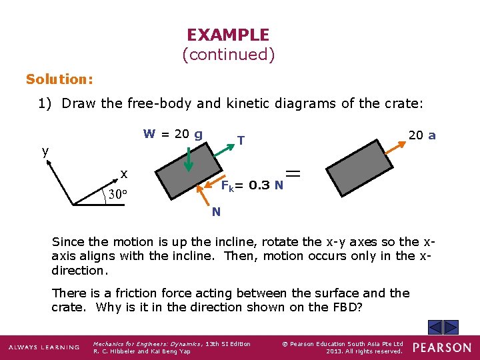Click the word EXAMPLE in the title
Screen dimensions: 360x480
[228, 35]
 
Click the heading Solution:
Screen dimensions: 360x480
[59, 79]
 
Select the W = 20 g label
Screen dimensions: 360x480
[173, 134]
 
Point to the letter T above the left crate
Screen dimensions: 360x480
[241, 141]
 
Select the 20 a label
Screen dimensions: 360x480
[422, 135]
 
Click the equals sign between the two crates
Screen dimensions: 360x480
[293, 174]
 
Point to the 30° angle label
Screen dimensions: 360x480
[117, 195]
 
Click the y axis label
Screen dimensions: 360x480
[45, 151]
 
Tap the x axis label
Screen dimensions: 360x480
[124, 175]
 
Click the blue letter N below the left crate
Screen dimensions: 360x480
[216, 212]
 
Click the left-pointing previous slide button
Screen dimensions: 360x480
[435, 327]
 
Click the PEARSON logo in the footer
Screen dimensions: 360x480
[441, 347]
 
